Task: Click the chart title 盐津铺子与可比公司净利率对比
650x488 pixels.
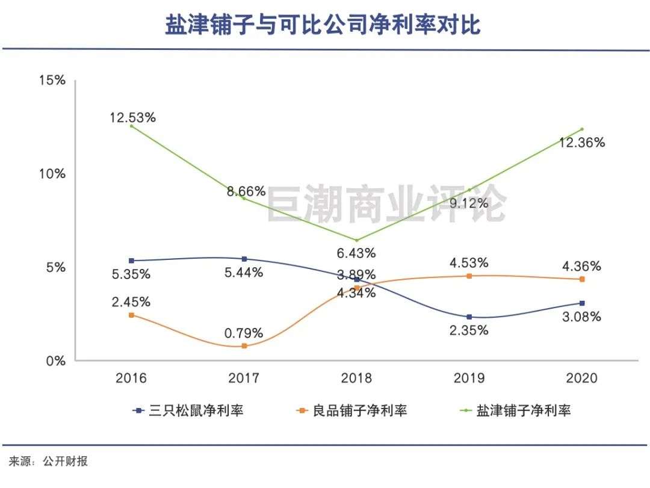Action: (323, 25)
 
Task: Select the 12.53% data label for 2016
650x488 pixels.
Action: (132, 117)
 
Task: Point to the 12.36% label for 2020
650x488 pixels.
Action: (581, 143)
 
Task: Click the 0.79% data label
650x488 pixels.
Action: (243, 333)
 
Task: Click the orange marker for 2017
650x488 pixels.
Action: (244, 346)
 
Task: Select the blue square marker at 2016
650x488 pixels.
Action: (132, 261)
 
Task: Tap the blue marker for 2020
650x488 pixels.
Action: (581, 303)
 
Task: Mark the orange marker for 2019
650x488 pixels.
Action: (469, 276)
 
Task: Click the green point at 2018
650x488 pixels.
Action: (357, 240)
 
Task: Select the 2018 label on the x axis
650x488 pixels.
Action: (357, 378)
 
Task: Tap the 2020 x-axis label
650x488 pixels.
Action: (581, 378)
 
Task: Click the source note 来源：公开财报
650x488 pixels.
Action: (48, 462)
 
